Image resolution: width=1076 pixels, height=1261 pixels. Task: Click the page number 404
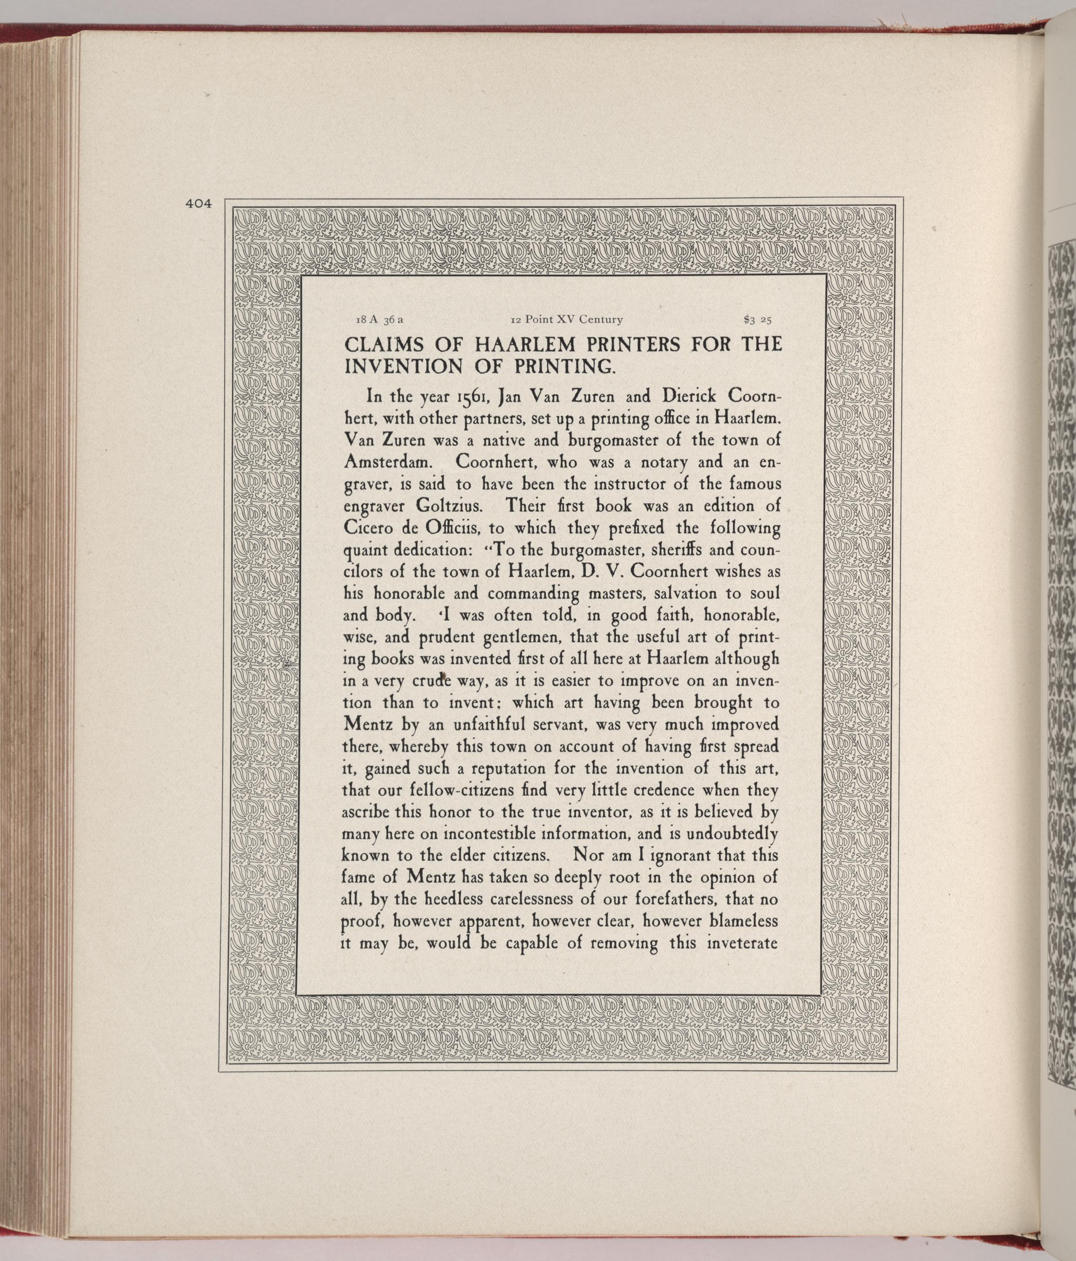[198, 204]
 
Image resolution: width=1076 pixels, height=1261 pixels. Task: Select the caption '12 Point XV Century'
[566, 319]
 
